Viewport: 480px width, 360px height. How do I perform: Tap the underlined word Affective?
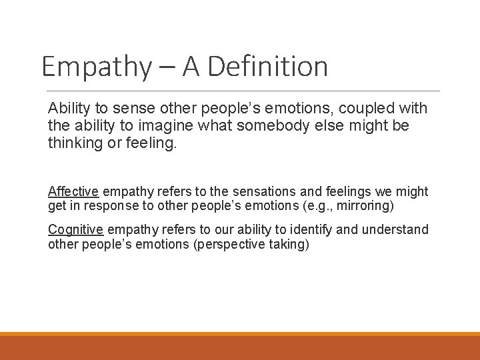click(x=73, y=192)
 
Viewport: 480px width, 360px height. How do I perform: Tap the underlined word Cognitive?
click(x=75, y=230)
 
